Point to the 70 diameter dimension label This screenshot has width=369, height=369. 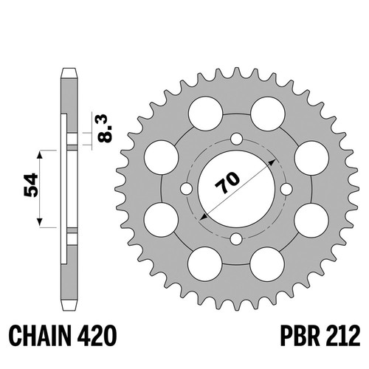(227, 182)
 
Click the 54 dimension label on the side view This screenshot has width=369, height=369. (31, 185)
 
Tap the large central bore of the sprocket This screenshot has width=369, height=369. (236, 189)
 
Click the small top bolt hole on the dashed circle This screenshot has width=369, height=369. (237, 139)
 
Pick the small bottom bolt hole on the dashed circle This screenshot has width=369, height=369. (236, 239)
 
